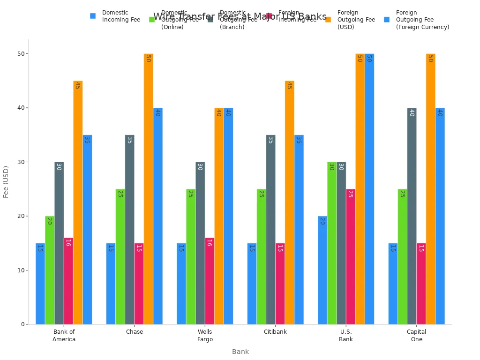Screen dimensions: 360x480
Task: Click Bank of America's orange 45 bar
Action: click(x=78, y=202)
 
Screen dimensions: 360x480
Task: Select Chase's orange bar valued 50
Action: click(x=148, y=189)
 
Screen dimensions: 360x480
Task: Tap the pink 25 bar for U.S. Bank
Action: click(x=351, y=256)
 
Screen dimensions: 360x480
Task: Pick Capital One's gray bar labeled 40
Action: click(x=412, y=216)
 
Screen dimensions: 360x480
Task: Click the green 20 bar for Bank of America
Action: click(x=50, y=270)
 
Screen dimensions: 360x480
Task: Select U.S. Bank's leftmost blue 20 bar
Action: click(x=322, y=270)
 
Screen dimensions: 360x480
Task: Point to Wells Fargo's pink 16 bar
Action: click(x=210, y=281)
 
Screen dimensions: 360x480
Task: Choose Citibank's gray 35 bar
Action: click(x=270, y=230)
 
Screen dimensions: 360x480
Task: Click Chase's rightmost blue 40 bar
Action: click(x=157, y=216)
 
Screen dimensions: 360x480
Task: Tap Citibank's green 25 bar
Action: click(x=261, y=256)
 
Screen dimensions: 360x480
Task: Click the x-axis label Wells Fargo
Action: click(x=205, y=336)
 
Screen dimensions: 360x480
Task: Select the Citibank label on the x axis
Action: click(x=275, y=332)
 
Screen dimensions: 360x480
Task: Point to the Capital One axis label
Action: click(x=416, y=336)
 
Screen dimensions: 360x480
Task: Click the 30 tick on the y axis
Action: click(x=21, y=162)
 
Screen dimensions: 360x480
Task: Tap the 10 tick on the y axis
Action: click(x=21, y=270)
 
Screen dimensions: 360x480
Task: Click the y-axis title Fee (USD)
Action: click(x=6, y=181)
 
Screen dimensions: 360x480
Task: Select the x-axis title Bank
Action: click(x=240, y=352)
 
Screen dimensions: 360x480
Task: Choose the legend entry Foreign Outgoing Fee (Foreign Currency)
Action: click(x=417, y=20)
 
